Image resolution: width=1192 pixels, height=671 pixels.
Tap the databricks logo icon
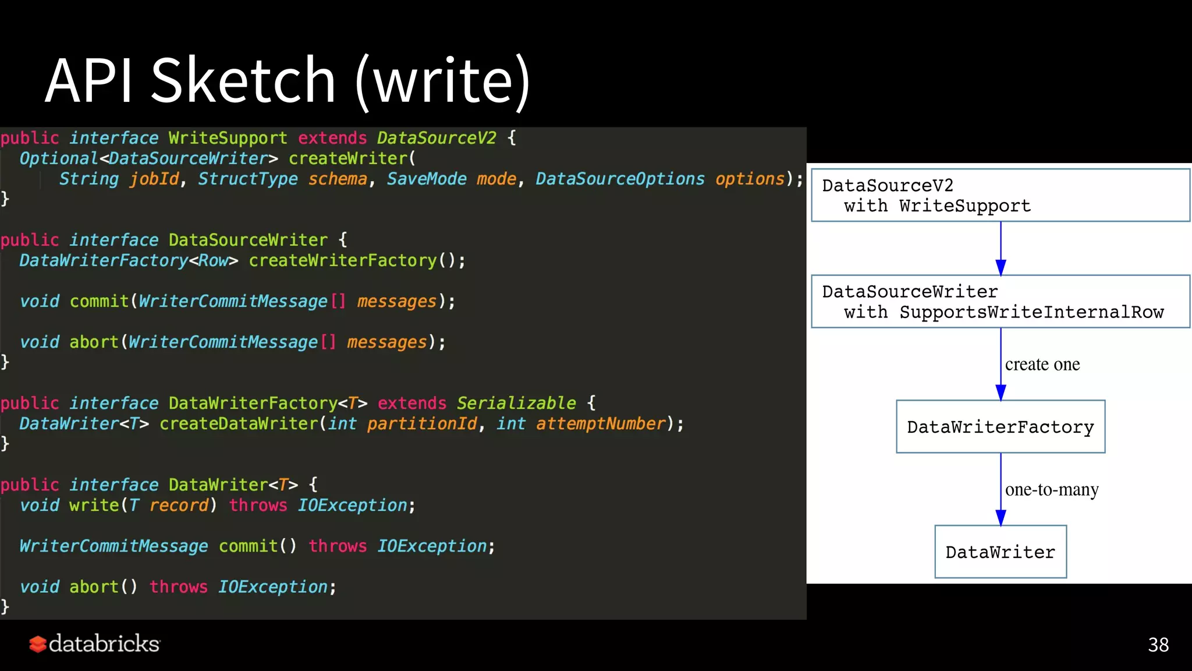38,644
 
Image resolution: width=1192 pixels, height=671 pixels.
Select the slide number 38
1158,645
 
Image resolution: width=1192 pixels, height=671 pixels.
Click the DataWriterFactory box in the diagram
1001,427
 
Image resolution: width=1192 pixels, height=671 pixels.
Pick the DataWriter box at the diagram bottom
1001,552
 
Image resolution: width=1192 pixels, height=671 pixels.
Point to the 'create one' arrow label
1042,365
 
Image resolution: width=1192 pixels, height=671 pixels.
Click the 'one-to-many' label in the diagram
1052,490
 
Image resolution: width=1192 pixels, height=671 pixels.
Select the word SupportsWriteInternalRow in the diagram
1031,312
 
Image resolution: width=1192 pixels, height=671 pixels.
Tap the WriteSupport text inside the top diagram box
964,206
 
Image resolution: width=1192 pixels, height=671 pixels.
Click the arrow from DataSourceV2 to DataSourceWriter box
1001,248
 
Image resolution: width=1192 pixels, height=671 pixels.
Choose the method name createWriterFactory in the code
343,260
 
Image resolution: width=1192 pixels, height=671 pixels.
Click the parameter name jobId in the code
154,179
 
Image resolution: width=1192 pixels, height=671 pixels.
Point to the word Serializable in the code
516,403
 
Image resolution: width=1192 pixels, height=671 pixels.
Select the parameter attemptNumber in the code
601,423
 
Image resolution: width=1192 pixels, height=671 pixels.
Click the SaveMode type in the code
427,179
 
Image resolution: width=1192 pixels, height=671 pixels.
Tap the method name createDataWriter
239,423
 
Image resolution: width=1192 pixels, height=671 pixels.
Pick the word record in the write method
179,505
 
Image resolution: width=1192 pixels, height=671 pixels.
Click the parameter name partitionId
422,423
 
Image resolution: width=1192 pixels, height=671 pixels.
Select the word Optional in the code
59,158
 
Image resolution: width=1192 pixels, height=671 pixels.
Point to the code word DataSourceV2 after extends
437,138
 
